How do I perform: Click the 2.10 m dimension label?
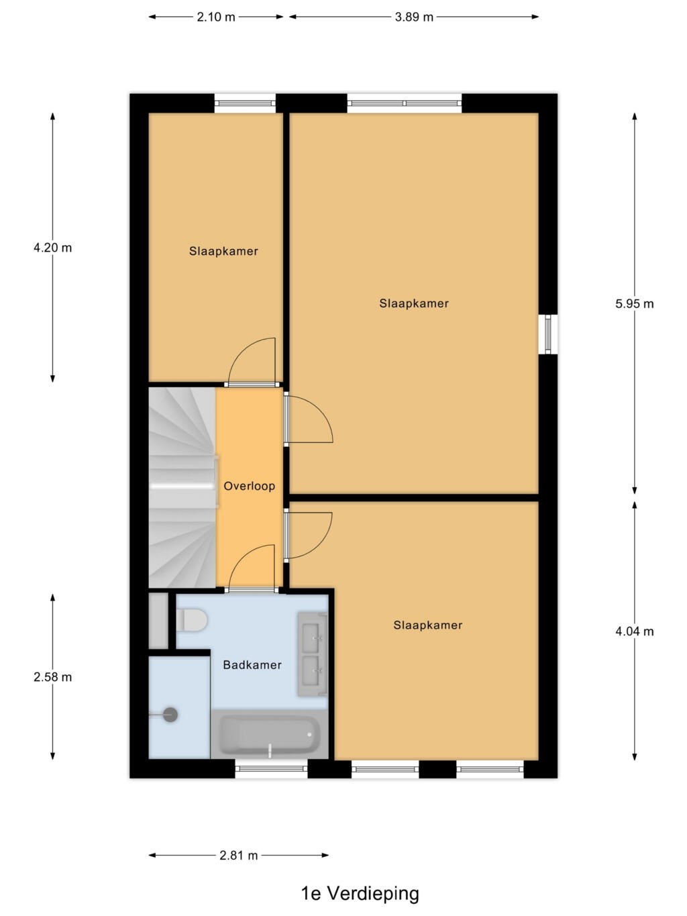215,17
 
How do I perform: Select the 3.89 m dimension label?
414,17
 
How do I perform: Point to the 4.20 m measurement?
52,248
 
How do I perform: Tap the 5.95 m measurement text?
634,304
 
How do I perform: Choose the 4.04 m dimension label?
634,631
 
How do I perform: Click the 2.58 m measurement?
52,677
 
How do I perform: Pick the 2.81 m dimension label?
239,856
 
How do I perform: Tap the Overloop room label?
250,486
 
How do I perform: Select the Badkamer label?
252,665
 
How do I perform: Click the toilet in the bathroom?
191,619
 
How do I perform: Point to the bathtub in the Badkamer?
270,734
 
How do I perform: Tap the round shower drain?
170,715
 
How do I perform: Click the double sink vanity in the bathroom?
313,654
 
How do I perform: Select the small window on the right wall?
548,334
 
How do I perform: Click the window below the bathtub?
271,768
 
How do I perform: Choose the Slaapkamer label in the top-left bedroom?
223,251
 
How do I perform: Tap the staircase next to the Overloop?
182,487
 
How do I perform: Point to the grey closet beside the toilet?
158,621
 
